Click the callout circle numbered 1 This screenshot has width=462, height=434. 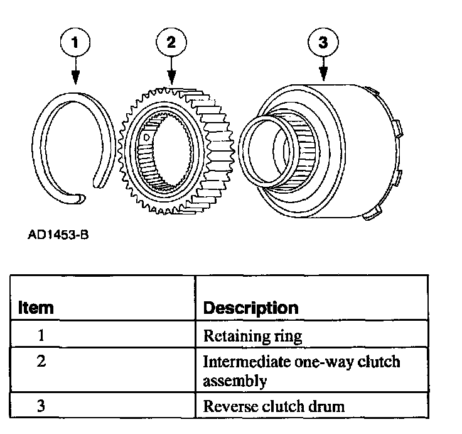point(75,43)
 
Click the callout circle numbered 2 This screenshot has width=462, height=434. point(171,43)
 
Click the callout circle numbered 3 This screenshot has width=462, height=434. point(324,43)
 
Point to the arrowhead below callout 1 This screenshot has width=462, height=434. point(75,79)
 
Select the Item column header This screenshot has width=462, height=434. point(36,308)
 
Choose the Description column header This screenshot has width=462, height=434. point(250,308)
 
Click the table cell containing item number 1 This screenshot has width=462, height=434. point(41,335)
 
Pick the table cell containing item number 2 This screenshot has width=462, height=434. point(41,362)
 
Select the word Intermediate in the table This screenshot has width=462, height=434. point(242,363)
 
